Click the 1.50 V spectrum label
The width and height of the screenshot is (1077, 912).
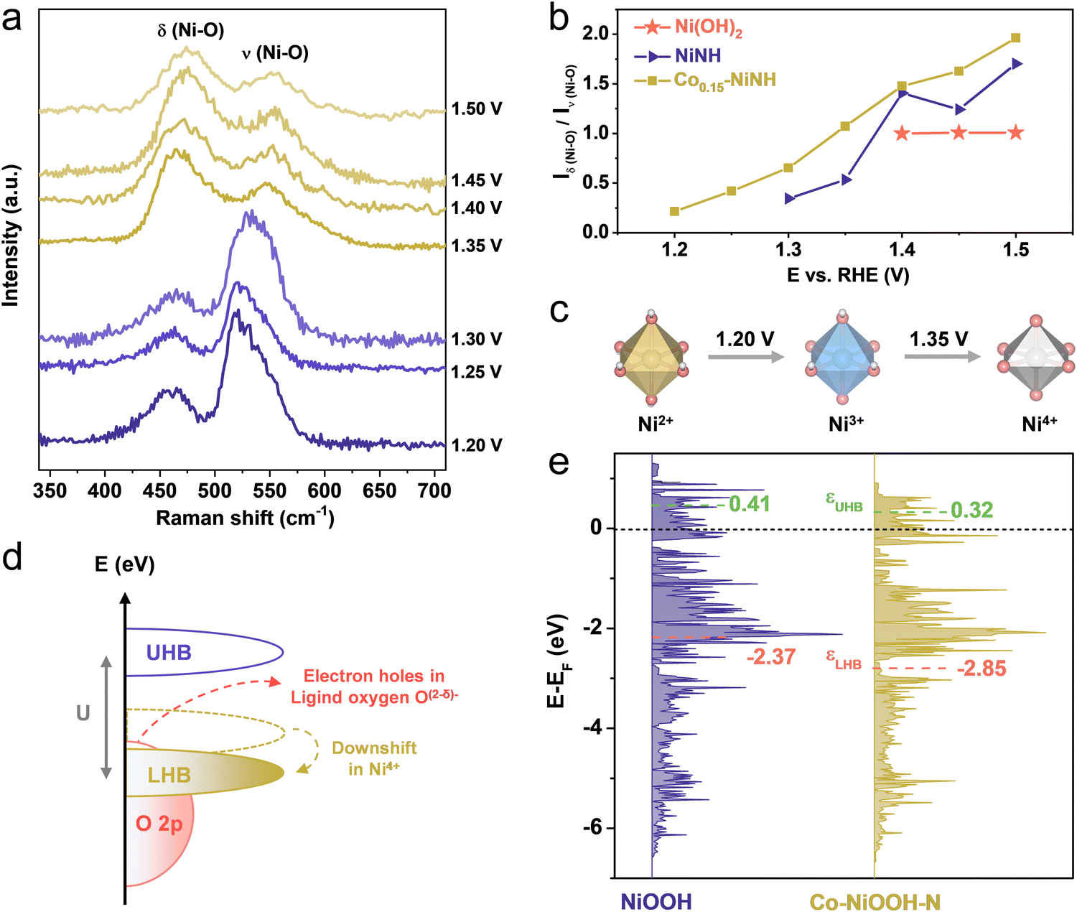point(476,109)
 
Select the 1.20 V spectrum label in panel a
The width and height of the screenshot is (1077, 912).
point(476,445)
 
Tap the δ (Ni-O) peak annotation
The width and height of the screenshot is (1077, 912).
point(191,30)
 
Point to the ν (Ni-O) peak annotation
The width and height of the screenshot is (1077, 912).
point(276,52)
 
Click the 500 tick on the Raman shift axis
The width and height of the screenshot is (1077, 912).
point(215,490)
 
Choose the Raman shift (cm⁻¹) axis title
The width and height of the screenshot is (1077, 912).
point(245,518)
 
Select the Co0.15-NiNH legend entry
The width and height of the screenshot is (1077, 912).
point(705,80)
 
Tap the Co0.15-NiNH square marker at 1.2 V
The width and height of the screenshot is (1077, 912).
point(675,211)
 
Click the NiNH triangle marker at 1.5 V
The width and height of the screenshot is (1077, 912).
point(1017,64)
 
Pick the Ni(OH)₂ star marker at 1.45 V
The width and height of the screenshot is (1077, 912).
point(959,133)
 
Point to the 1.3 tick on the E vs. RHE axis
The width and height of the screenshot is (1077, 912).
point(788,250)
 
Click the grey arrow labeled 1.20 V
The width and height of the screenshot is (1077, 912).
point(746,357)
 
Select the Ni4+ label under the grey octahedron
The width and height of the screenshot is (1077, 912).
point(1039,423)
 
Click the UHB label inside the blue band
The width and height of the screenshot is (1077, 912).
point(169,653)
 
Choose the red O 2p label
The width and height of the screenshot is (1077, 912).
point(159,824)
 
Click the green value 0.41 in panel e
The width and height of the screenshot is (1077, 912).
point(750,504)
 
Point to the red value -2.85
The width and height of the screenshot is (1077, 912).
point(981,669)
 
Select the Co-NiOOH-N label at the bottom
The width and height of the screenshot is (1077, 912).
point(875,902)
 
